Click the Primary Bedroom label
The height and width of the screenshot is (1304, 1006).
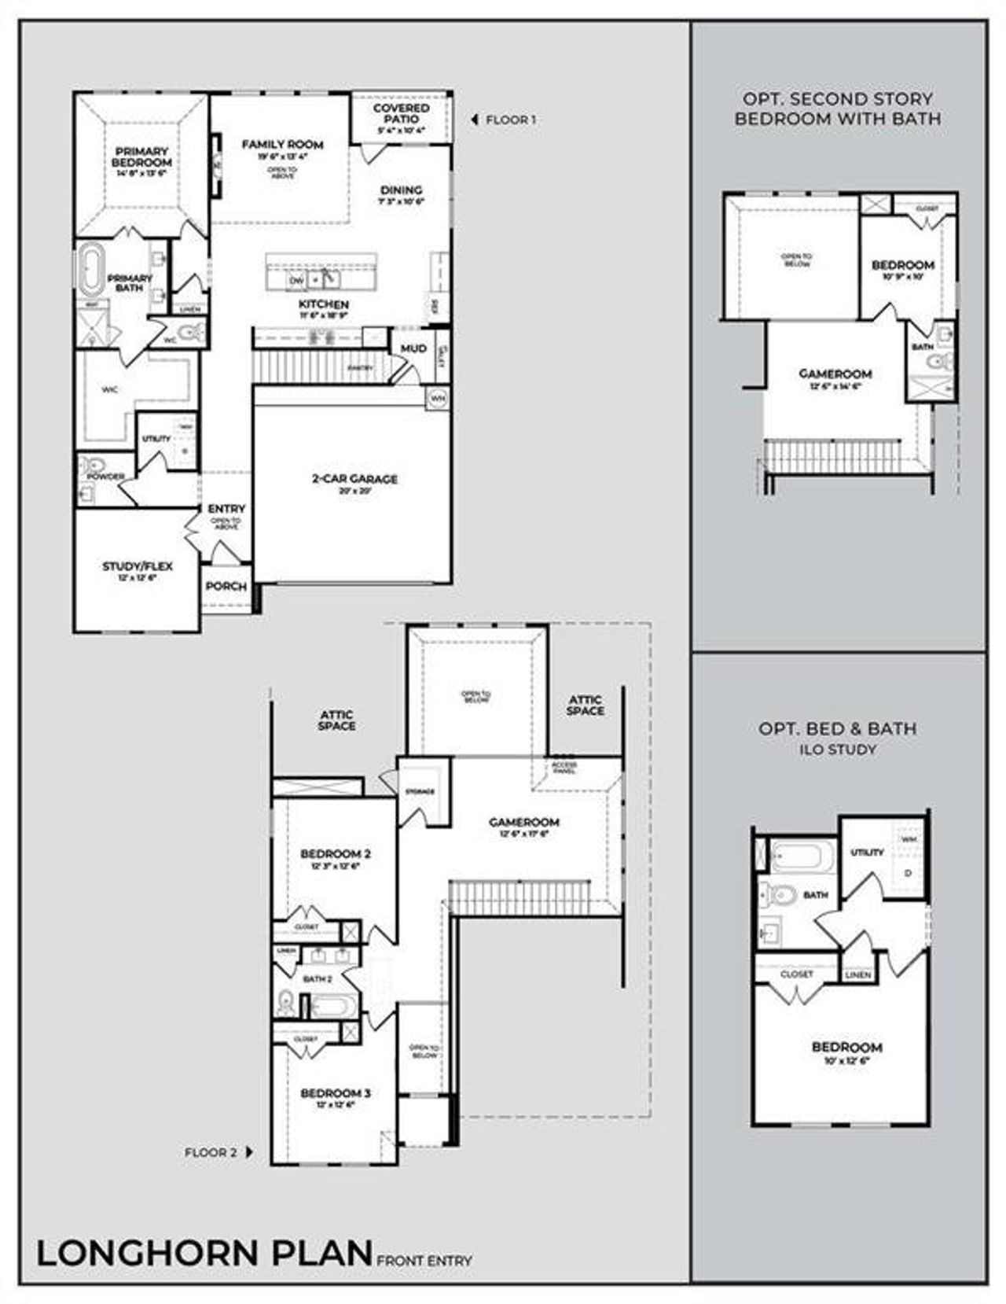click(x=142, y=157)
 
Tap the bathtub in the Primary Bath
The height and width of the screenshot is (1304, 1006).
click(x=88, y=269)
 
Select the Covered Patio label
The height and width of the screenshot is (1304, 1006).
click(x=401, y=113)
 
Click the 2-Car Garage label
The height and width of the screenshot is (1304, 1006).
click(x=354, y=479)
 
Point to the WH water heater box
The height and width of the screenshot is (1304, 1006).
click(x=437, y=398)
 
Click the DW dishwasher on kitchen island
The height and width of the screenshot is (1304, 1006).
click(x=296, y=280)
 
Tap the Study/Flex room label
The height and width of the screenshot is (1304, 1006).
click(x=137, y=566)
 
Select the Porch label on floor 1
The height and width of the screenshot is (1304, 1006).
click(x=226, y=587)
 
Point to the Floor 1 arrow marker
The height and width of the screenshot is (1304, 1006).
click(x=474, y=120)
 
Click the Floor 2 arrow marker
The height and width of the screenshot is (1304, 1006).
click(x=249, y=1152)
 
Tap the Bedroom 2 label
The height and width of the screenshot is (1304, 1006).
click(x=336, y=854)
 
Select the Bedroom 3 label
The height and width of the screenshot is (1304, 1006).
click(x=336, y=1093)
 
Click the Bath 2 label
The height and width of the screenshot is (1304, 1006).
click(x=318, y=979)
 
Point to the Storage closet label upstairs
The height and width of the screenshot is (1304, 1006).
click(x=420, y=791)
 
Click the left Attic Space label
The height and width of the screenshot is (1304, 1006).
click(x=336, y=720)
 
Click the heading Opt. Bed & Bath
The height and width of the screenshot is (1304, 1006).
click(x=837, y=729)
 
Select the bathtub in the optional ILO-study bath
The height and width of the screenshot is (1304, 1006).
click(x=802, y=856)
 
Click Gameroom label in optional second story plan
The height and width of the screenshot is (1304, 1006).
click(x=835, y=374)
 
